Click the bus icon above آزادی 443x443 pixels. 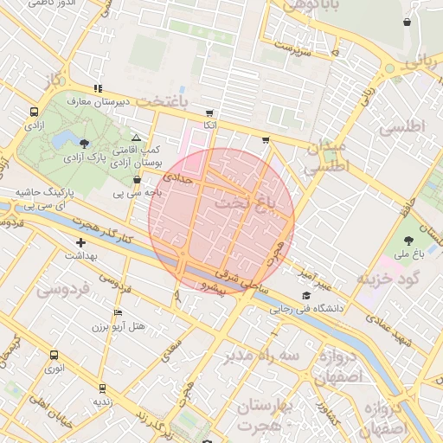click(34, 112)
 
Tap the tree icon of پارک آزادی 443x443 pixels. click(84, 144)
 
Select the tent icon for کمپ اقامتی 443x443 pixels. click(136, 138)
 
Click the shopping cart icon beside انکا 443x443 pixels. click(209, 113)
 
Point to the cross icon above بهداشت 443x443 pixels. click(81, 243)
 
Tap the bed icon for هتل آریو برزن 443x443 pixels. click(119, 312)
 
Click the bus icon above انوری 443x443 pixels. click(55, 355)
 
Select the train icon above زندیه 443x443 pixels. click(102, 388)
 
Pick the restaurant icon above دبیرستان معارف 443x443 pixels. click(99, 88)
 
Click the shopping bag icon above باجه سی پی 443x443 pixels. click(138, 180)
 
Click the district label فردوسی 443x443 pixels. click(61, 292)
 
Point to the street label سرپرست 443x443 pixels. click(292, 48)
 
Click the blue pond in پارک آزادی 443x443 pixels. click(62, 138)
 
